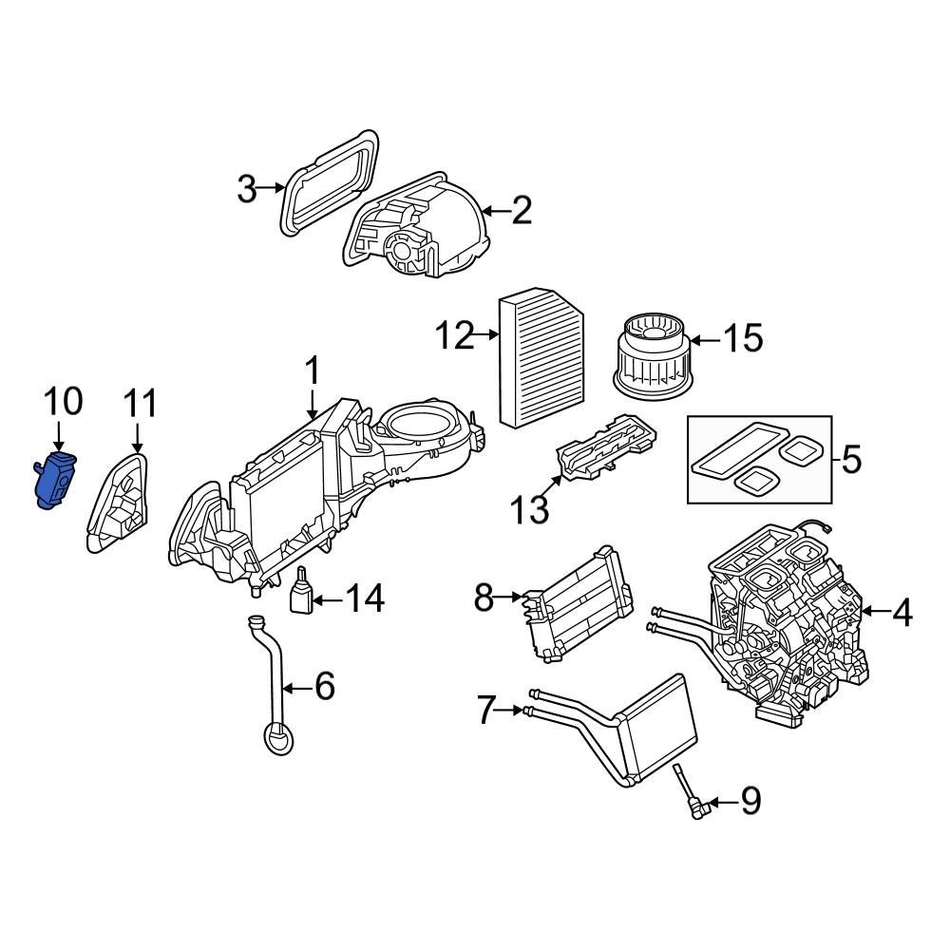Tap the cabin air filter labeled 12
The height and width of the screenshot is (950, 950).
[x=541, y=360]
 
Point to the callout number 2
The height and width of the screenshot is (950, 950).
[x=522, y=211]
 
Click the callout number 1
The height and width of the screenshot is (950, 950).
[x=313, y=372]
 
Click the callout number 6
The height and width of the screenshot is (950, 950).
[x=325, y=686]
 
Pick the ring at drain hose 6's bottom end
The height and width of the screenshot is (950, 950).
[x=277, y=738]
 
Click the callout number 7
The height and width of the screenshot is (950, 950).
[x=486, y=710]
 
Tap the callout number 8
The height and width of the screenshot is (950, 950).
[x=484, y=598]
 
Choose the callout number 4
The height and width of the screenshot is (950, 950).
[x=902, y=614]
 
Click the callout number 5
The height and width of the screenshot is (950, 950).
[x=851, y=462]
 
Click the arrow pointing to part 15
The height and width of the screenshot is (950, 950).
[x=705, y=339]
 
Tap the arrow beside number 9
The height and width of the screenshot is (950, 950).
[x=721, y=804]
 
